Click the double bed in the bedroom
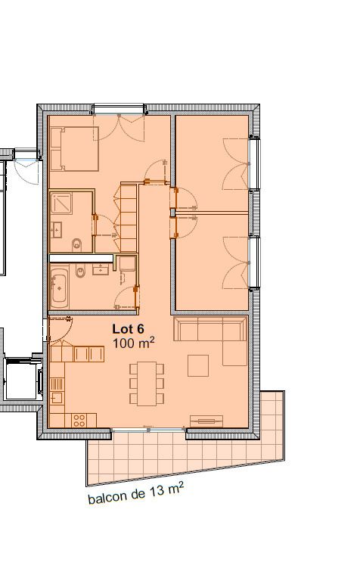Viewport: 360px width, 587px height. pos(74,148)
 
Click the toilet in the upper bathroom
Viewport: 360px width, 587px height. pos(77,244)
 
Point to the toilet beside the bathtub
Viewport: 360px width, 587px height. pos(80,273)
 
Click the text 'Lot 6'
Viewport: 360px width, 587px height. pos(128,329)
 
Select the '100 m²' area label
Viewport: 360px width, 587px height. pos(133,343)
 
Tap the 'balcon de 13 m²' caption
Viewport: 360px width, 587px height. pos(135,494)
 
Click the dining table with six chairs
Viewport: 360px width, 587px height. pos(146,384)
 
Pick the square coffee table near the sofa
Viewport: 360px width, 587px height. pos(198,365)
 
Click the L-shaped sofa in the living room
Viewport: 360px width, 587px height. pos(211,333)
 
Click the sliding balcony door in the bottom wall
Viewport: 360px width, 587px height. pos(148,431)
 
